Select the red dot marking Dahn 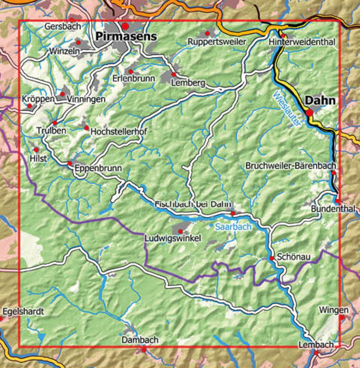coord(310,112)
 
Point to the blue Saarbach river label coord(233,227)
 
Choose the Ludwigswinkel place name coord(172,238)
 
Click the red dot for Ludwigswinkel coord(180,231)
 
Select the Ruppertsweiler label coord(217,42)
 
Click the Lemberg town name coord(188,83)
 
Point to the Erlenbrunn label coord(134,78)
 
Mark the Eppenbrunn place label coord(98,170)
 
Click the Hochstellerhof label coord(119,132)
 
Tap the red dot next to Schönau coord(272,258)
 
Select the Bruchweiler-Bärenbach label coord(291,166)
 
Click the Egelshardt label coord(24,311)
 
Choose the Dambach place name coord(140,340)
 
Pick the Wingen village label coord(333,310)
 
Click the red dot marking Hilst coord(36,149)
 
